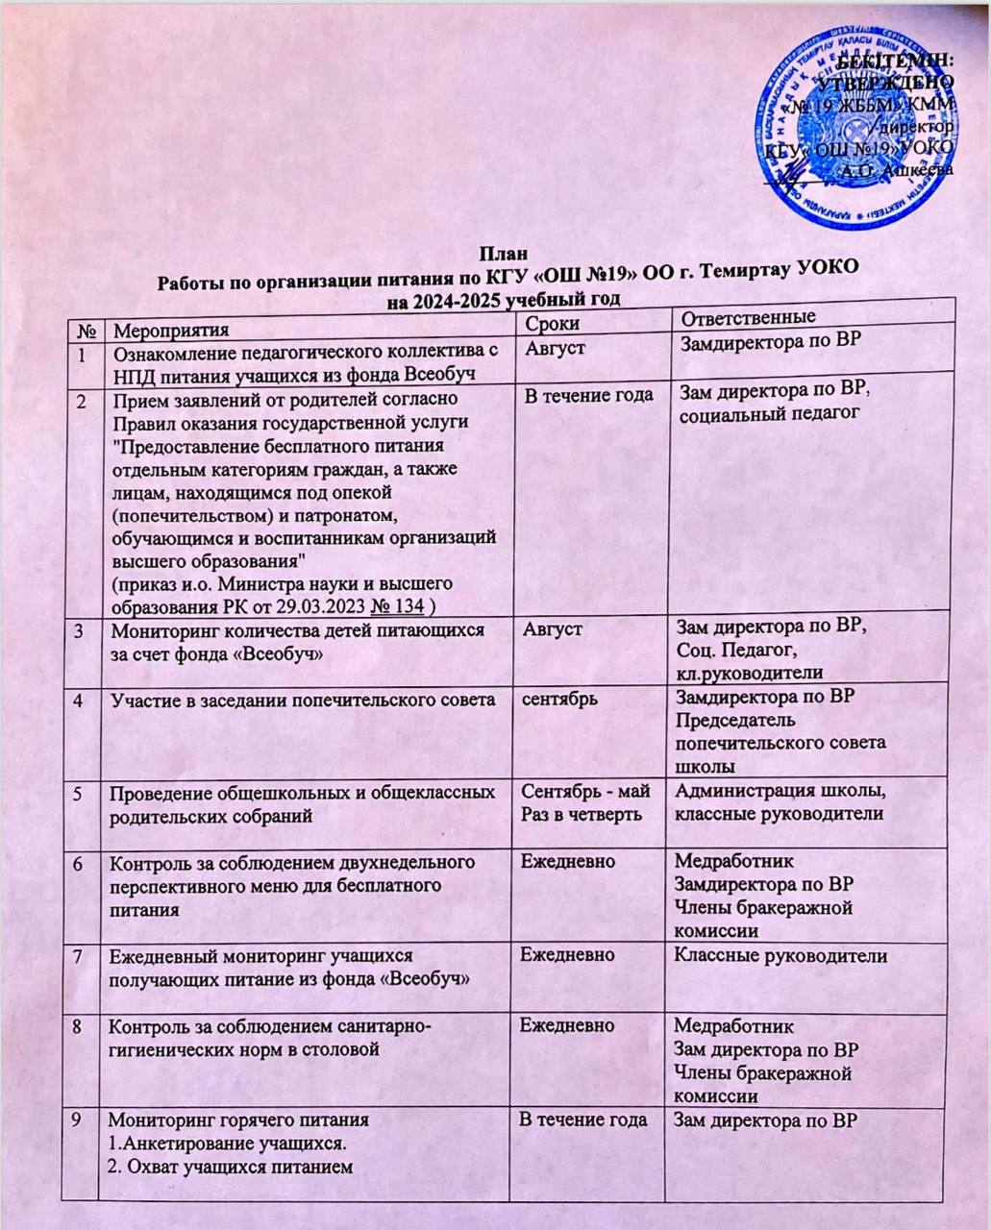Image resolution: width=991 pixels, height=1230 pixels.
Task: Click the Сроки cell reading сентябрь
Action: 558,699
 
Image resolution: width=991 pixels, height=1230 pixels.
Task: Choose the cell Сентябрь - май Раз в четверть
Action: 585,802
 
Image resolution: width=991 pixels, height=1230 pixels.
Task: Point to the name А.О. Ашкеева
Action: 896,168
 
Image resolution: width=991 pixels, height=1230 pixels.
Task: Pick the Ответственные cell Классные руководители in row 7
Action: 780,955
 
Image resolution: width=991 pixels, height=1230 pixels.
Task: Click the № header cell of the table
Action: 86,332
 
